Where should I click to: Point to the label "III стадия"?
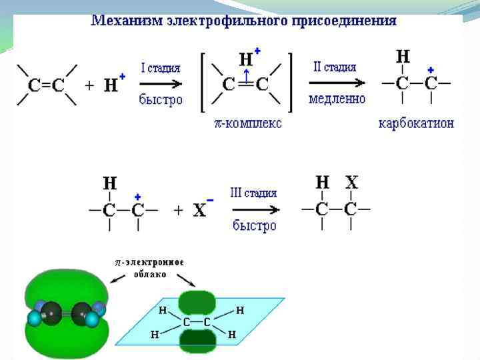[x=253, y=193]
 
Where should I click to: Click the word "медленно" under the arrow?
[x=337, y=99]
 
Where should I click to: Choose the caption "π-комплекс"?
[x=248, y=123]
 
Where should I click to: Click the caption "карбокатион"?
[x=416, y=123]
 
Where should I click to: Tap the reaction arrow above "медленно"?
[x=337, y=83]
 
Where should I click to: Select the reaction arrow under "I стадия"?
[x=161, y=84]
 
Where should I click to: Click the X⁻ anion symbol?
[x=201, y=210]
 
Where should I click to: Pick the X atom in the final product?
[x=351, y=182]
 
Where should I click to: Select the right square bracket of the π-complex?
[x=291, y=83]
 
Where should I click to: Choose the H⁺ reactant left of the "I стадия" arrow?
[x=111, y=84]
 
